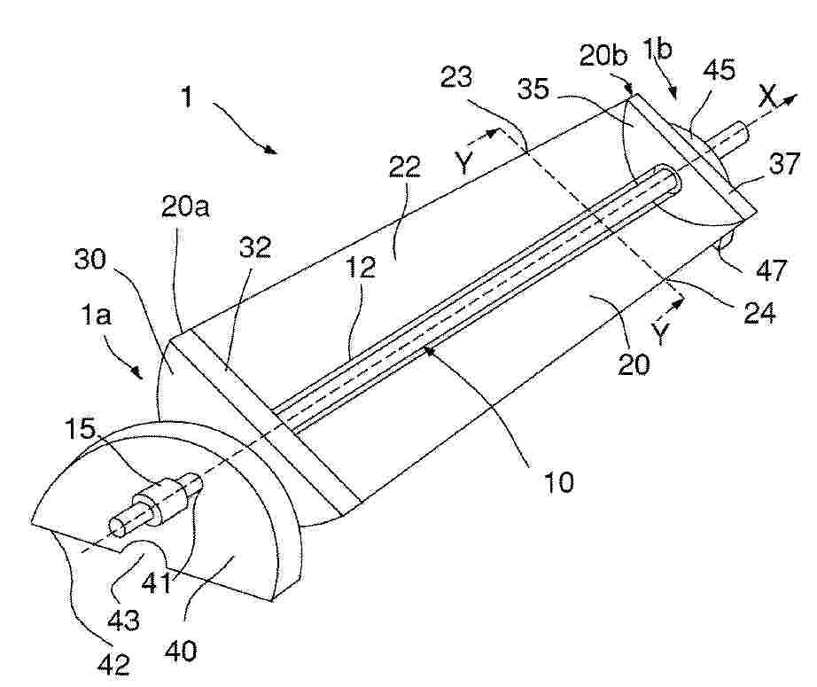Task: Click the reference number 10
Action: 558,482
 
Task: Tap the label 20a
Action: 185,207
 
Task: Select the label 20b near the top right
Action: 603,55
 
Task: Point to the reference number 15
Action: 81,428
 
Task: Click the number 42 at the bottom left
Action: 113,665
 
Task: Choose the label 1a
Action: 96,316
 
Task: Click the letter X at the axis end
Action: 768,96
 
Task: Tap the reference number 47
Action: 772,271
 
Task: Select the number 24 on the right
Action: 759,313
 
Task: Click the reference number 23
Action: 456,76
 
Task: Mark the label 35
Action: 533,90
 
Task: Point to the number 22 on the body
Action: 405,167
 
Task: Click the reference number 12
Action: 360,267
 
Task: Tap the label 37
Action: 783,164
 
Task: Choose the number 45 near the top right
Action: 719,69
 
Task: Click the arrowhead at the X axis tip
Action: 791,98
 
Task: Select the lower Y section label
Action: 660,334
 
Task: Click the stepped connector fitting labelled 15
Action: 156,503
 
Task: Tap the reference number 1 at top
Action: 187,97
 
